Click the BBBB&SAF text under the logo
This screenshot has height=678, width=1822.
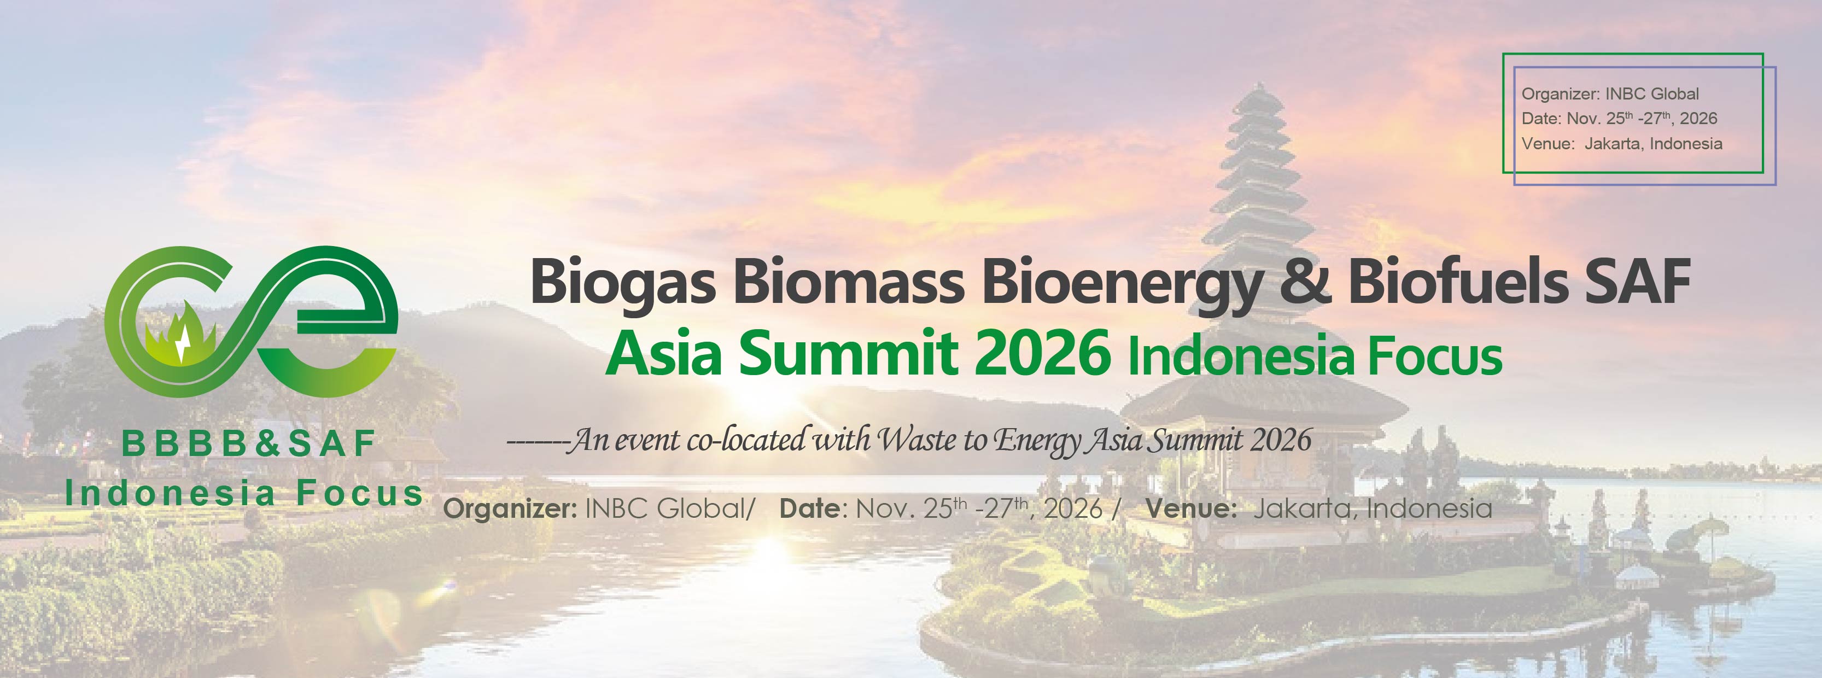click(x=248, y=444)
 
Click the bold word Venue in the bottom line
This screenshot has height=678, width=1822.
click(x=1191, y=508)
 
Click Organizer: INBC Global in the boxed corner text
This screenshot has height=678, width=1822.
click(x=1610, y=93)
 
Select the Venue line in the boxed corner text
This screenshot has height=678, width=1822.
click(x=1622, y=143)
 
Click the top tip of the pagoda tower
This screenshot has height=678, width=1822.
click(x=1260, y=85)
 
